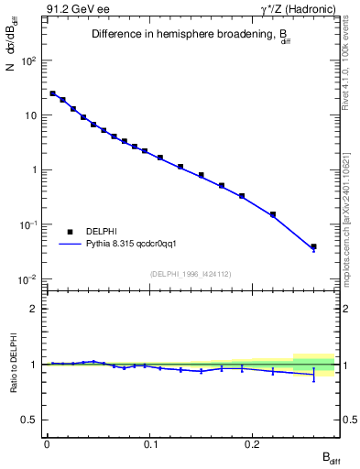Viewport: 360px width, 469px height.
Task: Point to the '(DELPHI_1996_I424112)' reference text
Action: [x=190, y=272]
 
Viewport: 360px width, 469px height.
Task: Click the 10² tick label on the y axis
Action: [x=29, y=60]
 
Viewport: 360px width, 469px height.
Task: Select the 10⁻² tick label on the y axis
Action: [x=29, y=279]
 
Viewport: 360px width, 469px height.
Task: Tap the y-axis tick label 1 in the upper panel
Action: [x=35, y=170]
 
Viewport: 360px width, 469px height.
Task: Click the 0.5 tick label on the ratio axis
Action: [x=31, y=420]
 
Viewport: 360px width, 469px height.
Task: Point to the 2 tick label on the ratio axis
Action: [x=36, y=309]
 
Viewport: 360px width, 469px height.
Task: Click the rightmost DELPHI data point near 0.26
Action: [x=313, y=246]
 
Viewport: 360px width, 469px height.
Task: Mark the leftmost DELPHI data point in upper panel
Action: [x=52, y=93]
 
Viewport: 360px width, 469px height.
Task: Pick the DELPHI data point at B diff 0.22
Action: [x=273, y=214]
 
